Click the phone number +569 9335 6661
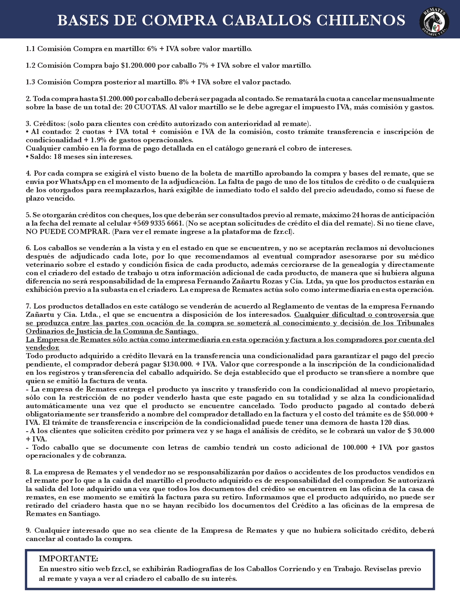click(158, 223)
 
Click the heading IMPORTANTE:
click(68, 558)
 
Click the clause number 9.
click(28, 530)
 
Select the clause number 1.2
click(30, 66)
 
